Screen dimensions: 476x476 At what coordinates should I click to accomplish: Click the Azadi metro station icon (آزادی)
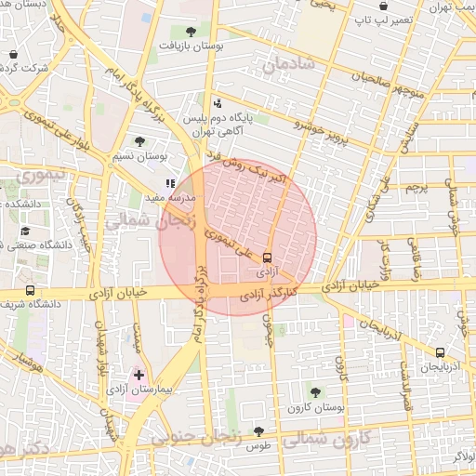pos(268,257)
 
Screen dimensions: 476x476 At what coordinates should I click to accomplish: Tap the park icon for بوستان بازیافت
pos(191,32)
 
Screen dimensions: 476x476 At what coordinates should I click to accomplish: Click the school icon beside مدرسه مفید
pos(169,184)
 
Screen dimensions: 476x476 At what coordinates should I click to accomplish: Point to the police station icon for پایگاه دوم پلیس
pos(218,103)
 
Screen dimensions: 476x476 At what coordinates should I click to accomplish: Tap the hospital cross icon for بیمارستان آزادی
pos(139,376)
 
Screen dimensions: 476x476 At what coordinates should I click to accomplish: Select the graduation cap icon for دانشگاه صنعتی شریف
pos(26,231)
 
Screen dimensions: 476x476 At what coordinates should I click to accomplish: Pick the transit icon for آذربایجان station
pos(440,352)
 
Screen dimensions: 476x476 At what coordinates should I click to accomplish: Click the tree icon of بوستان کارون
pos(315,392)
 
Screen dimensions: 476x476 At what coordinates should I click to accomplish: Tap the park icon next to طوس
pos(258,431)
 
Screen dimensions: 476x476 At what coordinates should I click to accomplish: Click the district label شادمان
pos(289,65)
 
